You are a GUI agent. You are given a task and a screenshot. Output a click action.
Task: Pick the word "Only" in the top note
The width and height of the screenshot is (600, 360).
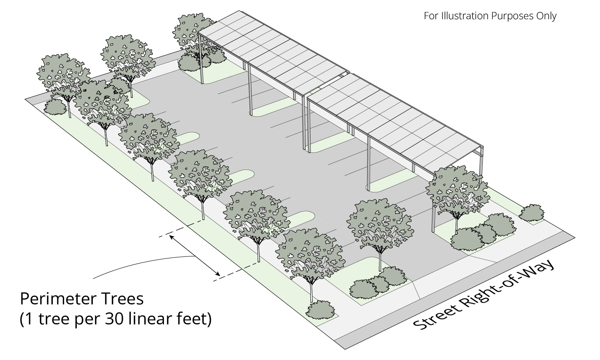546,16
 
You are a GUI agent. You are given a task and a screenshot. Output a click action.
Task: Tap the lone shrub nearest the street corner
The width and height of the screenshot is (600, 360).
532,213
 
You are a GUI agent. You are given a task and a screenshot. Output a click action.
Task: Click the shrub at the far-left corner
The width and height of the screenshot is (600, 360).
55,106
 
